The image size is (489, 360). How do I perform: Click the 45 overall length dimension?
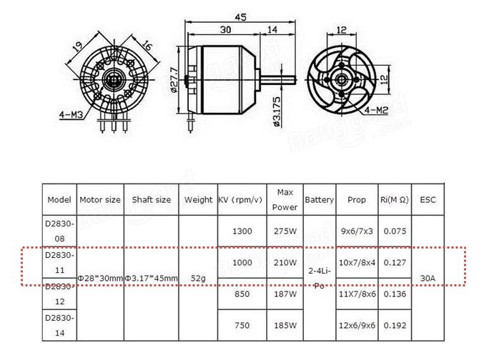[240, 17]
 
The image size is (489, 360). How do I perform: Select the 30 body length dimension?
[225, 29]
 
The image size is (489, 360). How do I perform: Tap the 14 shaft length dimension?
[272, 29]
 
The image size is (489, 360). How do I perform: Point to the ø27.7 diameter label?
[174, 80]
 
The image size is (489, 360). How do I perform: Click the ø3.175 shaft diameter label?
[277, 111]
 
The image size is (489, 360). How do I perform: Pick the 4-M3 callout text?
[71, 115]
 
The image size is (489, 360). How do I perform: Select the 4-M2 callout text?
[377, 110]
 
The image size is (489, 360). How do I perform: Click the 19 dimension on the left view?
[77, 46]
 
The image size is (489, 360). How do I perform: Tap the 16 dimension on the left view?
[147, 46]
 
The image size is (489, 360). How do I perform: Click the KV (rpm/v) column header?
[240, 199]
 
